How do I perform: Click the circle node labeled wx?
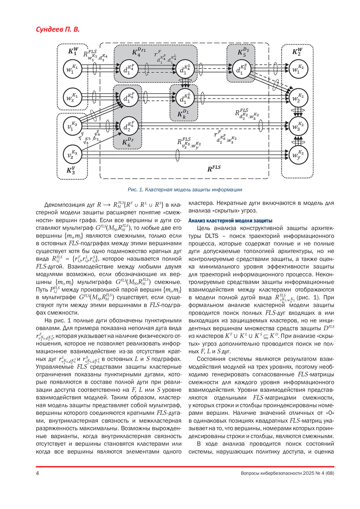pos(72,97)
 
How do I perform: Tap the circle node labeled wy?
pos(298,155)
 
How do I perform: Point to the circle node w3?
pos(298,126)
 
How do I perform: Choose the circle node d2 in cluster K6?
pos(129,126)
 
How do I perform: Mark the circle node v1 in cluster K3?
pos(72,126)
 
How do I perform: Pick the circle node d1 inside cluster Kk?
pos(185,98)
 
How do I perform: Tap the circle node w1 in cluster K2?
pos(298,69)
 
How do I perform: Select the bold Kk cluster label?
pos(183,114)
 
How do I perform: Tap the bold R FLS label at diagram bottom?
pos(214,168)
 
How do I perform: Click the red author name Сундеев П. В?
pos(58,29)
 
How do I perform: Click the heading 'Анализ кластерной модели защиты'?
pos(230,221)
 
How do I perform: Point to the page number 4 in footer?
pos(37,473)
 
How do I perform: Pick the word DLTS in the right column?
pos(212,236)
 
